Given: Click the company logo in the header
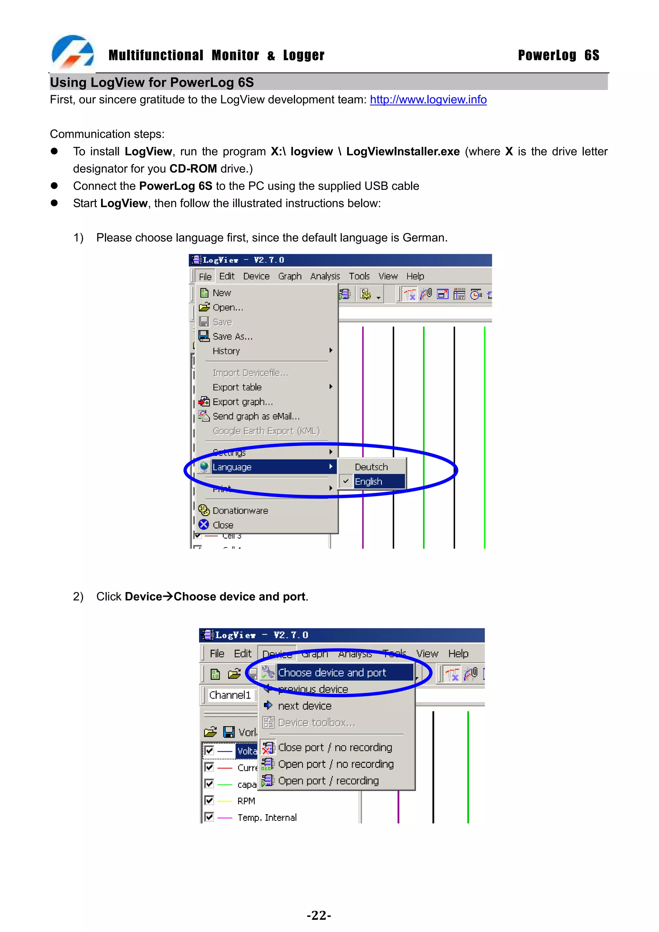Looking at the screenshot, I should click(73, 52).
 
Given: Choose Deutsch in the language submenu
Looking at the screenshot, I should click(371, 467).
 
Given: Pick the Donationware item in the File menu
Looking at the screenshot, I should click(240, 510).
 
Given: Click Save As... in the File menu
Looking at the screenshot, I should click(232, 337).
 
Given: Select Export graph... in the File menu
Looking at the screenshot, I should click(242, 401).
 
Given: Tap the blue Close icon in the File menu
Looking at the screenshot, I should click(204, 524).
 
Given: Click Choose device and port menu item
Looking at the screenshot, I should click(332, 673).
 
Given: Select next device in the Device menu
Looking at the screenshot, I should click(304, 706).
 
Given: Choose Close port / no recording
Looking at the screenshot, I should click(335, 747).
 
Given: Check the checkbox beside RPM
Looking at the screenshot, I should click(209, 800).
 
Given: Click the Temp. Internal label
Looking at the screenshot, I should click(267, 817).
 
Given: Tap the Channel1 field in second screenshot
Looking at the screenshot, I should click(230, 695).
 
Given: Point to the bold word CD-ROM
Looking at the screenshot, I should click(193, 169).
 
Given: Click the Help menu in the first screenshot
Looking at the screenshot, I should click(415, 276).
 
